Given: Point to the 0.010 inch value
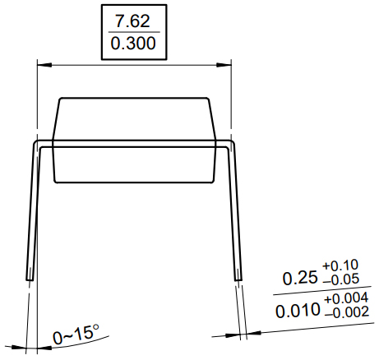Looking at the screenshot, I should pos(298,312).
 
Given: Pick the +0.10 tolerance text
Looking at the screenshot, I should pos(341,265).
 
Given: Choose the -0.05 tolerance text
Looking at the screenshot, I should pos(341,281).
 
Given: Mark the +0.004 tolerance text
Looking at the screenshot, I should pos(344,299).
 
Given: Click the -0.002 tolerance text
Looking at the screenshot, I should pos(344,315).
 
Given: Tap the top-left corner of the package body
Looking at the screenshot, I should pos(59,99).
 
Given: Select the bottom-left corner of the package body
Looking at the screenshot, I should pos(54,182).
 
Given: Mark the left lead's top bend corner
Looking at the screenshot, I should pos(35,143).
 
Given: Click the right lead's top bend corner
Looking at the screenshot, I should pos(233,143).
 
